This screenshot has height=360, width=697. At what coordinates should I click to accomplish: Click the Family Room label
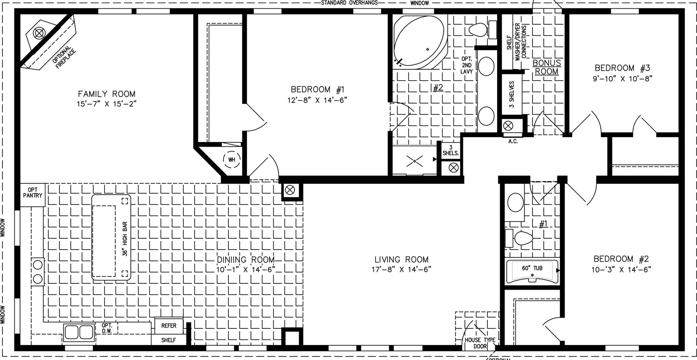[107, 94]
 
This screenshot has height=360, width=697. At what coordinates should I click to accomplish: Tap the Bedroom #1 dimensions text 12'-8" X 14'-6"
[317, 100]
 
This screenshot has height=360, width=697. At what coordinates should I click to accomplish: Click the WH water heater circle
[232, 160]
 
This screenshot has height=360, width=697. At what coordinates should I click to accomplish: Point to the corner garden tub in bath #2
[420, 42]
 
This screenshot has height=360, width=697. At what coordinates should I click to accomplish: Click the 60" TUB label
[532, 268]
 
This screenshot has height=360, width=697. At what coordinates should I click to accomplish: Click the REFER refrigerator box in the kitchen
[169, 326]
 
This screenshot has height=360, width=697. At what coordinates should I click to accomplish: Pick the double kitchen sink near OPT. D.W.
[79, 332]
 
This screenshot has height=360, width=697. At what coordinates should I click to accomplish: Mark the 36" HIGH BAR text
[125, 239]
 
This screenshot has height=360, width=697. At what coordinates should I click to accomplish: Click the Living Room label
[401, 259]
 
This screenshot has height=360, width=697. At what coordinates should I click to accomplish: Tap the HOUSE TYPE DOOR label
[480, 343]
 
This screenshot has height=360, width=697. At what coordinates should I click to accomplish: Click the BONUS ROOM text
[547, 67]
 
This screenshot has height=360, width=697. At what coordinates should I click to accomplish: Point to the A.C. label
[513, 142]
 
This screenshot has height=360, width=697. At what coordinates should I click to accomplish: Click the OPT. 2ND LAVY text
[467, 65]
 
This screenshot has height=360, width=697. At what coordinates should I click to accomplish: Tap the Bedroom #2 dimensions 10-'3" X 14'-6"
[621, 270]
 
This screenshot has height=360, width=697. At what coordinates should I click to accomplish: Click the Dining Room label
[246, 259]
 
